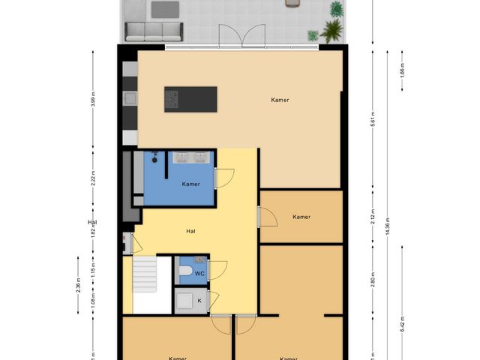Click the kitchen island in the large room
coord(190,97)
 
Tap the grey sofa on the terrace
coord(154,31)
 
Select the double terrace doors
coord(241,36)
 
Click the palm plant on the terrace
coord(330,30)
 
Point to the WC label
coord(199,274)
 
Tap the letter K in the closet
coord(199,301)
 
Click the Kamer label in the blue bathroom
coord(190,183)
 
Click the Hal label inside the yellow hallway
coord(191,231)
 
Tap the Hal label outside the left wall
coord(92,223)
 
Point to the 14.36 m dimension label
coord(387,225)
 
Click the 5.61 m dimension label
coord(372,120)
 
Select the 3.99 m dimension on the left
coord(92,103)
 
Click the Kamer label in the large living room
coord(280,100)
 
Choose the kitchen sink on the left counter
coord(130,98)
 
